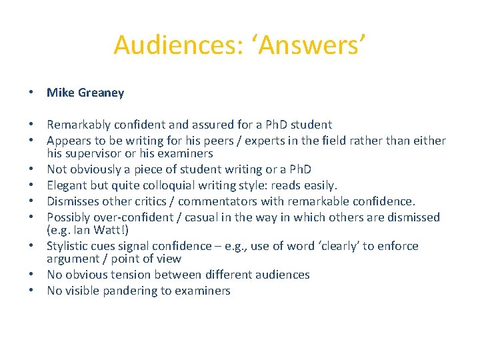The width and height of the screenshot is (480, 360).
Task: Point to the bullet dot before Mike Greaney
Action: coord(31,93)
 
